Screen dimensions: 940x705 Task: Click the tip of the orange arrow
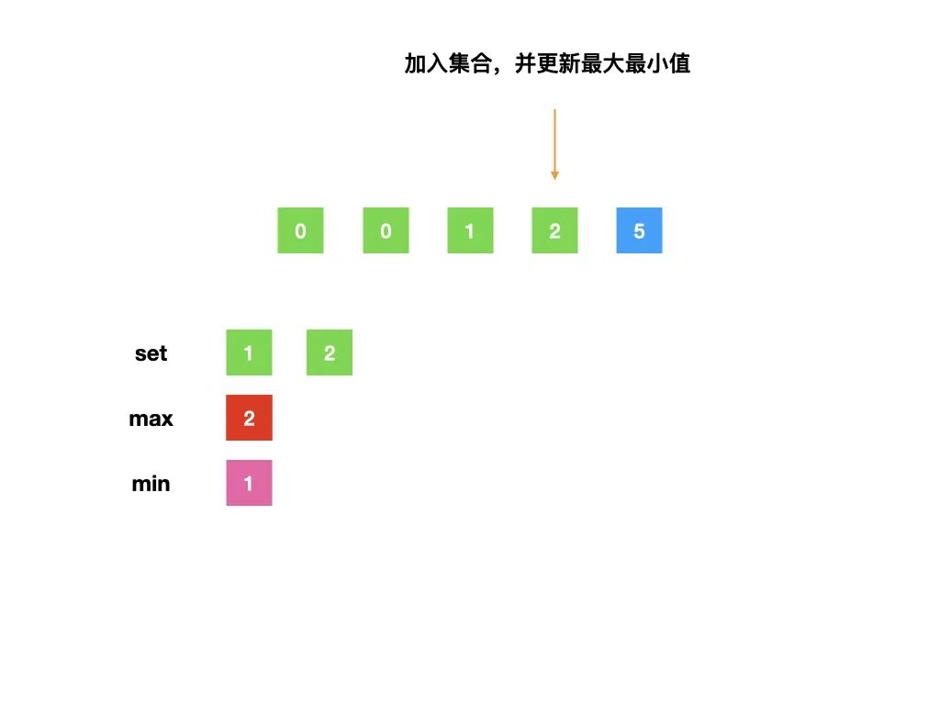click(554, 178)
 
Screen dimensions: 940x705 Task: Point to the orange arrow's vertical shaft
click(554, 138)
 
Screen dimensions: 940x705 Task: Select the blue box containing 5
click(639, 230)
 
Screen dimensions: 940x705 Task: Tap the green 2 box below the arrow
click(554, 230)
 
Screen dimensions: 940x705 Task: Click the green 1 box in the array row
click(470, 230)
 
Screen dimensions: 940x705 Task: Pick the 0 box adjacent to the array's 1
click(386, 230)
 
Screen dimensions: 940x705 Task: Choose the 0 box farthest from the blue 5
click(301, 230)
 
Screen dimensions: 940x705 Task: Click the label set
click(151, 353)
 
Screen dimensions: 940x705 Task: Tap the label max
click(151, 420)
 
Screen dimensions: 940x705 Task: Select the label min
click(151, 484)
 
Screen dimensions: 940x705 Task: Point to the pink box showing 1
click(249, 484)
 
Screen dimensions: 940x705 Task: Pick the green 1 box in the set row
click(249, 353)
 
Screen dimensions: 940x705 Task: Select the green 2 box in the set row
click(330, 353)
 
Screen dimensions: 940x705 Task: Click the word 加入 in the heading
click(426, 64)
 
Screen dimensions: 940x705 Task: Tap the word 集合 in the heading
click(470, 64)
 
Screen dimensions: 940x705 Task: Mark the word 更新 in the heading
click(557, 64)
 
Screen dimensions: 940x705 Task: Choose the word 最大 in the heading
click(601, 64)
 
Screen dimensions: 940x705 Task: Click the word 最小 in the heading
click(645, 64)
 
